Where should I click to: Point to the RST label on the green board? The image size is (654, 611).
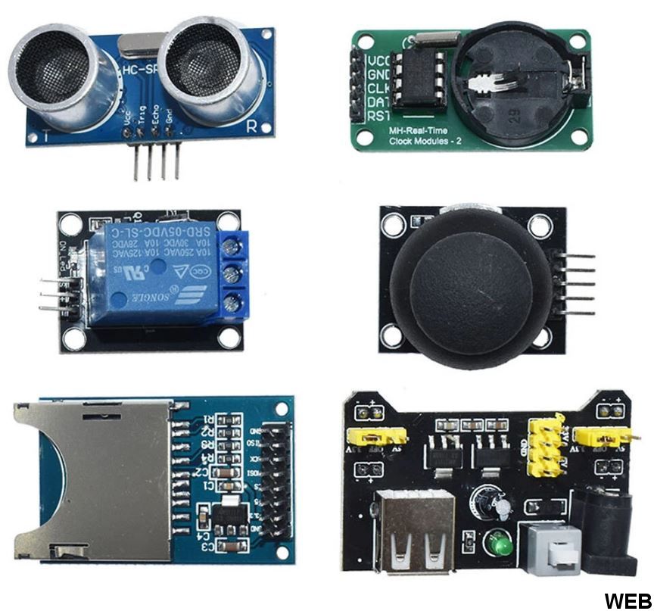pyautogui.click(x=377, y=116)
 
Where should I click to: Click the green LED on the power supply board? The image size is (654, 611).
pyautogui.click(x=497, y=543)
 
